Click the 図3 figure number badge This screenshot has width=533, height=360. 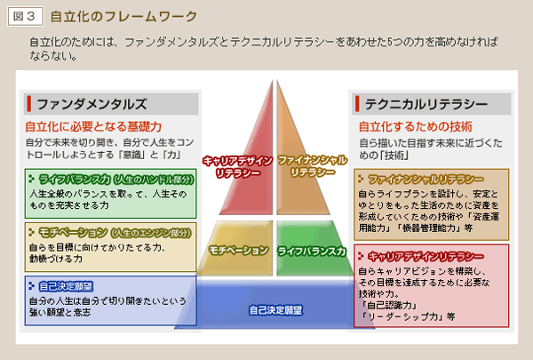click(x=23, y=16)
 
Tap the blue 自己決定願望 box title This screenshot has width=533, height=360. click(x=66, y=285)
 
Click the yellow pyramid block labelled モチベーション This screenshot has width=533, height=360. click(x=238, y=252)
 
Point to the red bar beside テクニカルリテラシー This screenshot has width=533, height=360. click(x=358, y=103)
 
